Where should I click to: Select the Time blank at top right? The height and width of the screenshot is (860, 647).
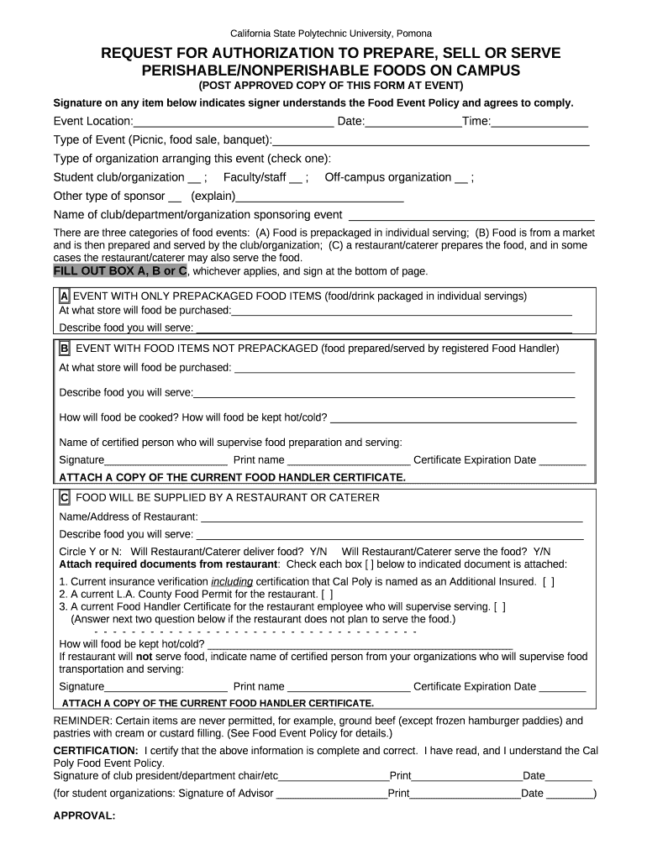(x=539, y=123)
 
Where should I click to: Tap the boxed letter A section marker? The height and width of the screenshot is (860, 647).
(x=64, y=296)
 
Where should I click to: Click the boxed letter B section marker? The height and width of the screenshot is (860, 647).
(x=64, y=348)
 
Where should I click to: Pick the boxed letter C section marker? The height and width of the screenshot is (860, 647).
(x=64, y=497)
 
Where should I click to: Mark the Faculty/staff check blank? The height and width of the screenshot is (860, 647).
(x=296, y=178)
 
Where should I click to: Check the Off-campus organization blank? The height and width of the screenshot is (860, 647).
(x=461, y=178)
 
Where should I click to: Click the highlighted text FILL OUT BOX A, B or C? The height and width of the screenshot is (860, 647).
(x=120, y=271)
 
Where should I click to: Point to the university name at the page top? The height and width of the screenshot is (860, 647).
(x=323, y=34)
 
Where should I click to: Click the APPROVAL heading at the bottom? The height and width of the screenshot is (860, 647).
(x=84, y=815)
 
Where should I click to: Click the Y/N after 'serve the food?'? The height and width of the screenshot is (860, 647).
(x=542, y=551)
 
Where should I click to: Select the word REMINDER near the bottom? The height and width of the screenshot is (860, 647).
(x=82, y=721)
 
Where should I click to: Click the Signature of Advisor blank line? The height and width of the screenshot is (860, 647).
(x=331, y=794)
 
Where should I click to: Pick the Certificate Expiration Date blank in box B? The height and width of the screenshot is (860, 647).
(x=562, y=460)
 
